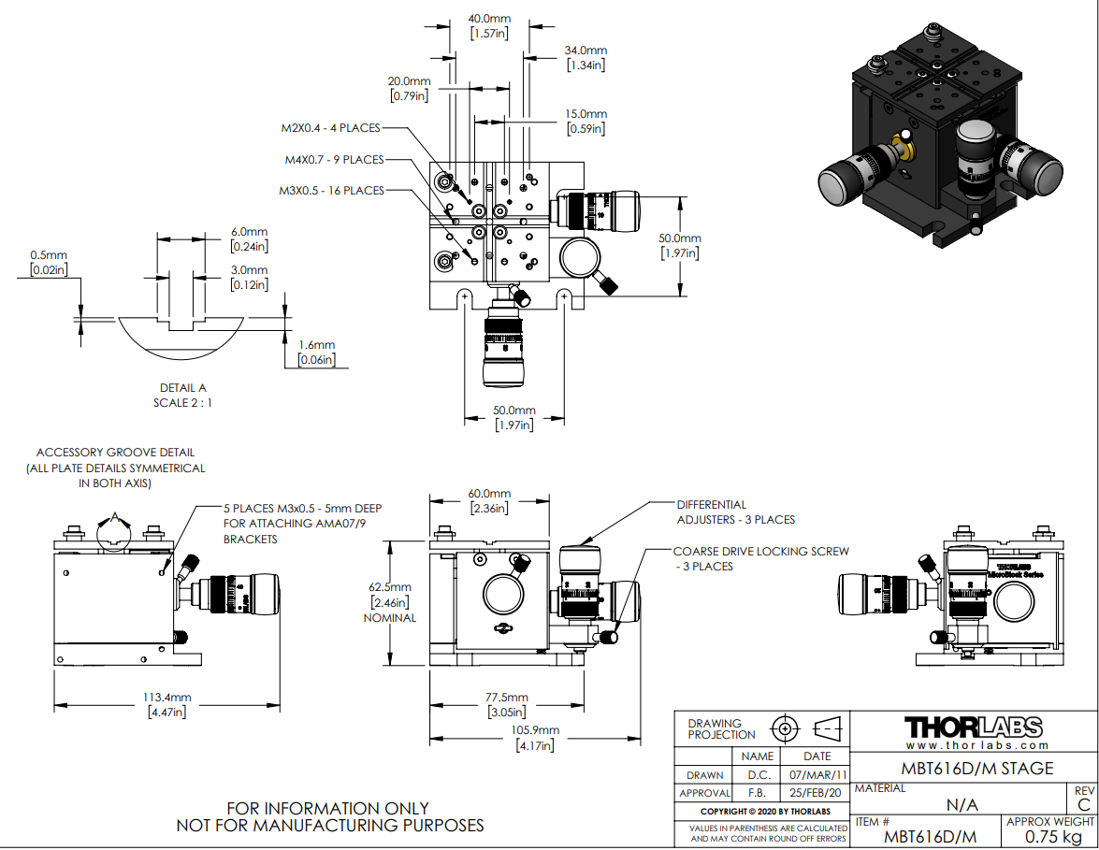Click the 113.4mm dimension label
(x=168, y=697)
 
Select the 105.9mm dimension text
(x=535, y=730)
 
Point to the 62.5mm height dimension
(x=392, y=586)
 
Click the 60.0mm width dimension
(x=489, y=494)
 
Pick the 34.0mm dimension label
(x=586, y=50)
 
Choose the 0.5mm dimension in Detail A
(x=49, y=255)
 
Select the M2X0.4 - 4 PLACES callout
(x=333, y=128)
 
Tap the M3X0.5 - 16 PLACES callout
(x=331, y=191)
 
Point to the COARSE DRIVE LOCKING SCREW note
(x=760, y=552)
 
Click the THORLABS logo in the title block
(x=973, y=728)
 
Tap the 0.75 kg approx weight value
(x=1050, y=836)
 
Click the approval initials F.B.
(x=757, y=794)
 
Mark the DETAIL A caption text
(x=183, y=387)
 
